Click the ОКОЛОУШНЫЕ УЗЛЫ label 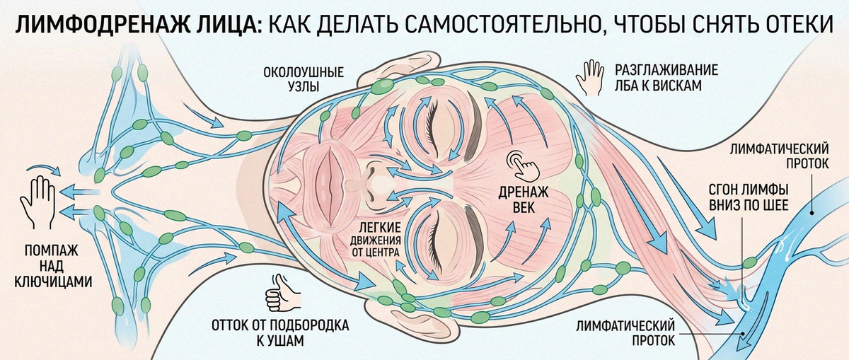click(304, 79)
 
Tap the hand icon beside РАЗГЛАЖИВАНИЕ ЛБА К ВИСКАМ click(590, 78)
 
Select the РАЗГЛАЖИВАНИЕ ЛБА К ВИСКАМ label click(666, 78)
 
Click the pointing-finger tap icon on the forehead click(524, 166)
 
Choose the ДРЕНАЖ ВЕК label click(524, 199)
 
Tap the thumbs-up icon click(282, 294)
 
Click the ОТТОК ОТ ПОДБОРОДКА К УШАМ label click(280, 332)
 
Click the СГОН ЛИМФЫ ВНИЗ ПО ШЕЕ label click(749, 197)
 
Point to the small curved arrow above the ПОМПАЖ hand click(45, 168)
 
